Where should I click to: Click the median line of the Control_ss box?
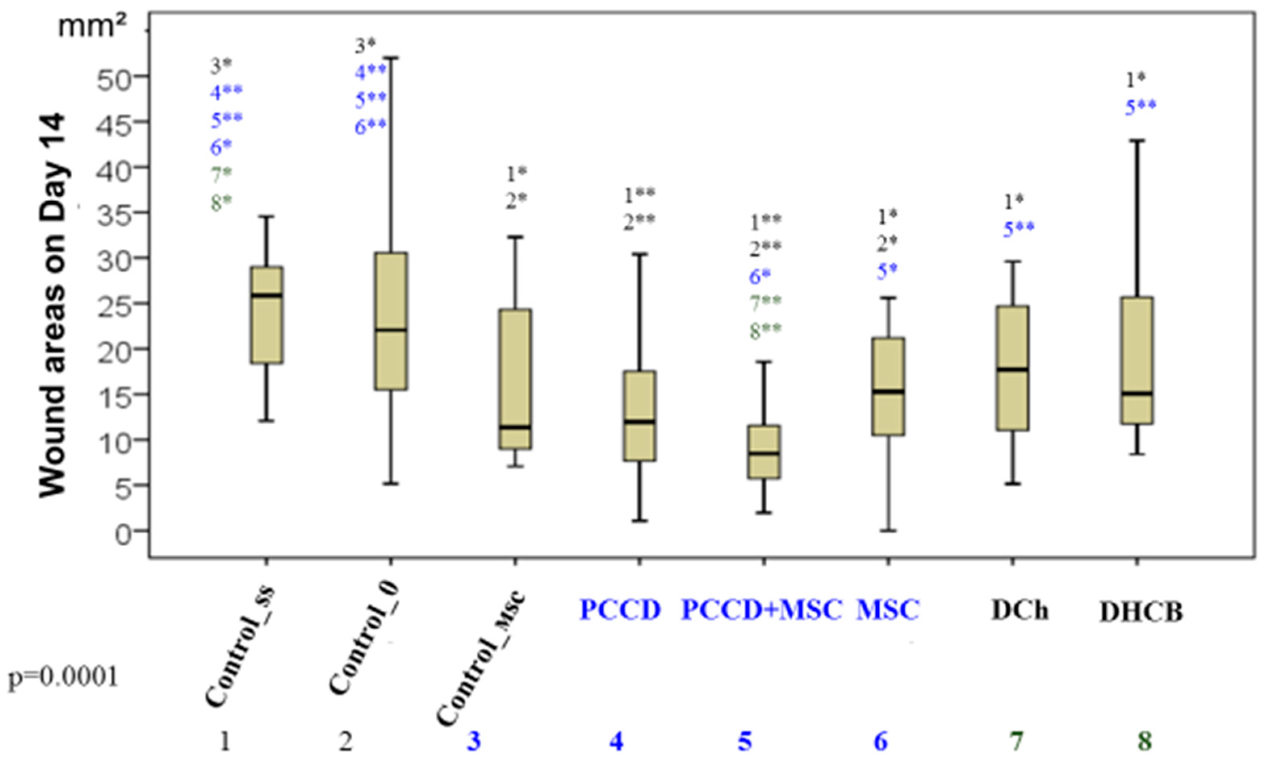point(266,296)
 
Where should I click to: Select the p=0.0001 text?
point(63,678)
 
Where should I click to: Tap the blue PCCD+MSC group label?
point(761,610)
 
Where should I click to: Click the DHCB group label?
point(1141,612)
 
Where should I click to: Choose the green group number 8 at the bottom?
point(1144,741)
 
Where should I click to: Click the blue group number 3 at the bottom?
point(473,741)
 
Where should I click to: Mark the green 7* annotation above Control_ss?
point(221,175)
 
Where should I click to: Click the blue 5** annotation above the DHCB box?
point(1140,108)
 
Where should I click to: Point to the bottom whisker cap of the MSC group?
point(888,530)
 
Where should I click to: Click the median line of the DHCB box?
point(1137,393)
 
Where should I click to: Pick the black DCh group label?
point(1020,610)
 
